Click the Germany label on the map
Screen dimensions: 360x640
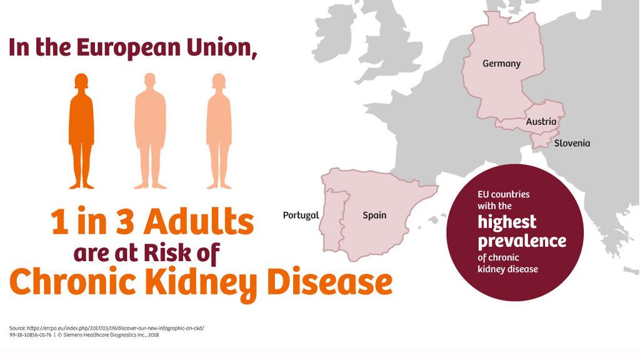click(x=501, y=64)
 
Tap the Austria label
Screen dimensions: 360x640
click(x=541, y=122)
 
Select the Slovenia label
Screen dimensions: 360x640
click(x=572, y=143)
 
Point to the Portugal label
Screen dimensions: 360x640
click(x=301, y=215)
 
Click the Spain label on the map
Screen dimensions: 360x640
click(x=374, y=216)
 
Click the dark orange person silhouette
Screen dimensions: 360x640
click(x=81, y=131)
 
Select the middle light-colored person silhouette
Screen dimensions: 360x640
click(x=150, y=131)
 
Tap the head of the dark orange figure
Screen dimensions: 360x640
click(x=81, y=81)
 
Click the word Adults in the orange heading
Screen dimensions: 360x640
click(x=199, y=222)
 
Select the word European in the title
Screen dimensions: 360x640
click(x=130, y=48)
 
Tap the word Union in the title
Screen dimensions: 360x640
click(x=223, y=48)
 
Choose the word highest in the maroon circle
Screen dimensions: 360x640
click(x=507, y=222)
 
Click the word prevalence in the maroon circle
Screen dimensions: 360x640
click(x=522, y=241)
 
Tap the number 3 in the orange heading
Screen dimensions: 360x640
click(x=124, y=222)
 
